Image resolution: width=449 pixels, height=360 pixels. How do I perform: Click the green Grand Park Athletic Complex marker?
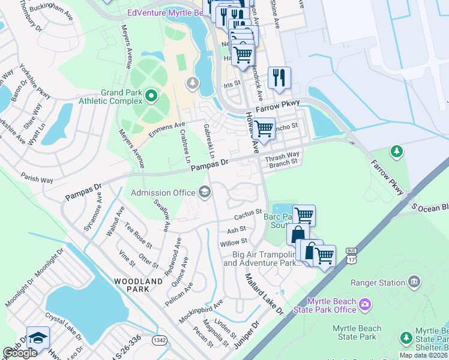(x=151, y=96)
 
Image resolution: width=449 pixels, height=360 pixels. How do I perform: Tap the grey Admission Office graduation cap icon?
(x=204, y=192)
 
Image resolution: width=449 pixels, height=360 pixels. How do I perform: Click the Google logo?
(x=20, y=353)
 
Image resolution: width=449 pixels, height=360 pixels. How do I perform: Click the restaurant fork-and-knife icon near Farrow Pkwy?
(x=279, y=77)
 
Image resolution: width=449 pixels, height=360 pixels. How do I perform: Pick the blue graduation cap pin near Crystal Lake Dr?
(x=37, y=338)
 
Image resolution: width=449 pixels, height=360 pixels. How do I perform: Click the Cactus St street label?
(x=250, y=213)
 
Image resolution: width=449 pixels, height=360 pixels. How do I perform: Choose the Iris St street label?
(x=231, y=85)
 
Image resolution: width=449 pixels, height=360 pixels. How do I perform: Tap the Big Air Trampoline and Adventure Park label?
(x=261, y=259)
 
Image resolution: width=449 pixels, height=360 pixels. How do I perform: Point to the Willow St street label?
(x=234, y=242)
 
